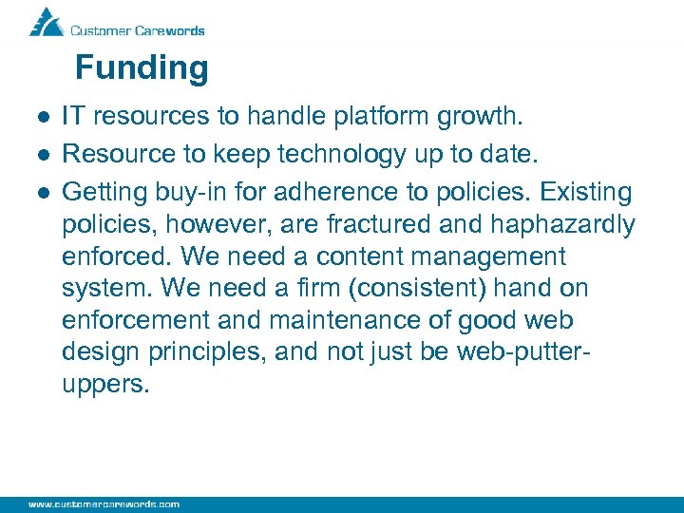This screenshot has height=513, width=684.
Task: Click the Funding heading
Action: coord(142,68)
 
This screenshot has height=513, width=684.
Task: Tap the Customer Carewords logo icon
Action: coord(46,21)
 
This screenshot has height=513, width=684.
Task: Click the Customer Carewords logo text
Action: coord(138,29)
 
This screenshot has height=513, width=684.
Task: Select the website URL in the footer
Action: coord(104,503)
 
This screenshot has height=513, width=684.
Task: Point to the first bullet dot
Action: coord(43,118)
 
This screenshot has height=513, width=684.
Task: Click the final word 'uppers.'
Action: coord(105,386)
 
